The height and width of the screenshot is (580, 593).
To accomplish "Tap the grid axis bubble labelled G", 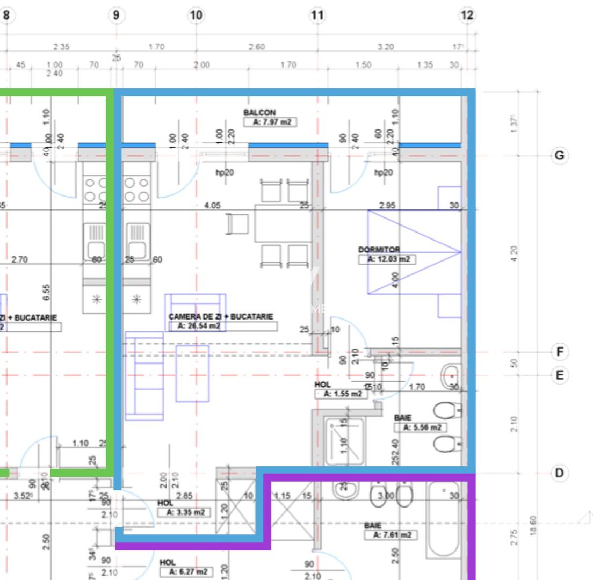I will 560,156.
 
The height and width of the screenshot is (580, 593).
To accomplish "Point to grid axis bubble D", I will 560,473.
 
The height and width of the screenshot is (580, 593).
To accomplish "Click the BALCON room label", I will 259,113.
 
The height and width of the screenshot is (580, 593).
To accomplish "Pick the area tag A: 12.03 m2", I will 387,259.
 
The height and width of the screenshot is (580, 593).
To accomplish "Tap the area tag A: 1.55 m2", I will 341,394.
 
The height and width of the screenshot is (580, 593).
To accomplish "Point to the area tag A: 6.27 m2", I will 186,571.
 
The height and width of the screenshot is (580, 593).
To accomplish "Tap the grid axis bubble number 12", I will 468,16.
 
